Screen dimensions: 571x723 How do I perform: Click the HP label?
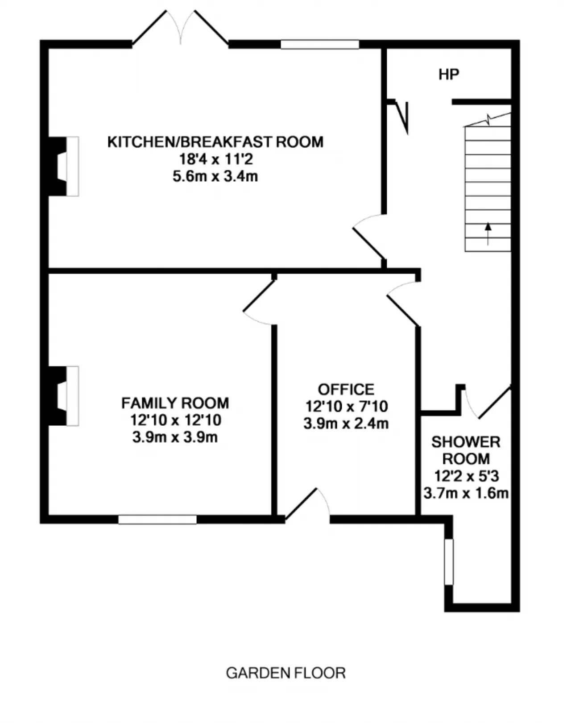point(449,74)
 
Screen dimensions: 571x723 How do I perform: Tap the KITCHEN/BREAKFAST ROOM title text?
point(215,142)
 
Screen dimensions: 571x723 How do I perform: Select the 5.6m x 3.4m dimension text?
point(215,176)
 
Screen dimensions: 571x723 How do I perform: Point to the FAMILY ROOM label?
point(175,403)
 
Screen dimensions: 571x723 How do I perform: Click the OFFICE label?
point(346,389)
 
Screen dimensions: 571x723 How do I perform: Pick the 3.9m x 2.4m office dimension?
point(346,424)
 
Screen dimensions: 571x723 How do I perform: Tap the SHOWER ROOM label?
point(466,450)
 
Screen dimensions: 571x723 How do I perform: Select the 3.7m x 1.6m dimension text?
point(466,494)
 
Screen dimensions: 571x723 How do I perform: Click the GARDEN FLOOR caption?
point(286,673)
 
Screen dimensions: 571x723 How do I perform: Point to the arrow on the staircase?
point(488,233)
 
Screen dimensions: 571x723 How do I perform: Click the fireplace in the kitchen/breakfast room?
point(64,166)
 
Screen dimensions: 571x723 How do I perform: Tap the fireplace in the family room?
point(64,396)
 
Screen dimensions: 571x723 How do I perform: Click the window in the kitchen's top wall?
point(320,44)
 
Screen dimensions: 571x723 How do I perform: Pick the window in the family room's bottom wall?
point(157,519)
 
